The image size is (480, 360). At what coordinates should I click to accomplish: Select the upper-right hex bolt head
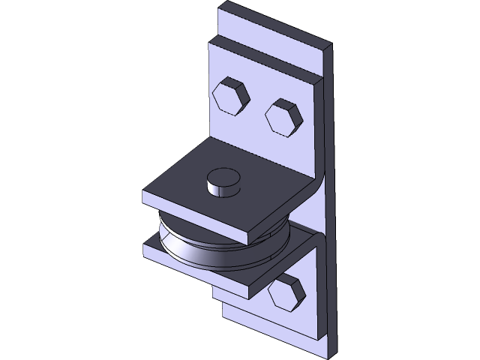[x=283, y=115]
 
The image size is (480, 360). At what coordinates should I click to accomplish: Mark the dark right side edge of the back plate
[x=328, y=225]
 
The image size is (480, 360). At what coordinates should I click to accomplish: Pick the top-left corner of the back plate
[x=220, y=7]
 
